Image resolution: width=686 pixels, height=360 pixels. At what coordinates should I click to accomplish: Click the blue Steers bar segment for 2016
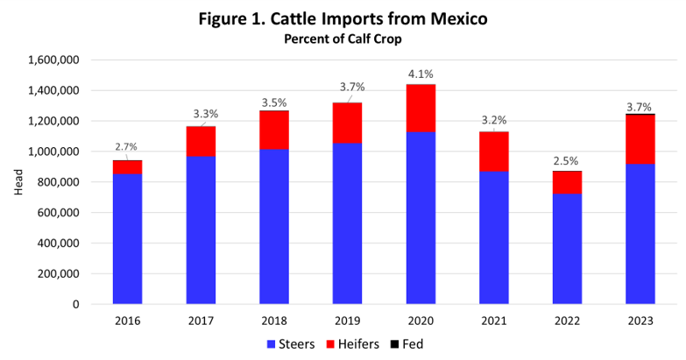click(x=127, y=238)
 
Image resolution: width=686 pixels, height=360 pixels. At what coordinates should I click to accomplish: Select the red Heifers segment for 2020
click(x=421, y=108)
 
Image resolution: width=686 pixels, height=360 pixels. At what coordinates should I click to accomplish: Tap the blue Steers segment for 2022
click(x=567, y=249)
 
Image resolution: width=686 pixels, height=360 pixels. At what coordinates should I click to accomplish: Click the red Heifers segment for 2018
click(x=274, y=130)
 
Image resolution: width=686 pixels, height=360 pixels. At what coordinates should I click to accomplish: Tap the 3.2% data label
click(x=494, y=119)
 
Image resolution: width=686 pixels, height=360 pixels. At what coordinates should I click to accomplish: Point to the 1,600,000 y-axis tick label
click(x=54, y=60)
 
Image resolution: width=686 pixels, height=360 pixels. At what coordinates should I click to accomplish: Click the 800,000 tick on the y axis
click(x=60, y=182)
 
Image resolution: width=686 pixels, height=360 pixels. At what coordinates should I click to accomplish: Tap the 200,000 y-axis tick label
click(x=60, y=274)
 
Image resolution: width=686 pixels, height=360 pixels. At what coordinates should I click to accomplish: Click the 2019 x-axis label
click(x=347, y=321)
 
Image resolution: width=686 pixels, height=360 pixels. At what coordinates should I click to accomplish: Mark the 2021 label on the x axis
click(x=494, y=321)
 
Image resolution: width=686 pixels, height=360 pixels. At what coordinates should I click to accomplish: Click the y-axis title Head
click(x=18, y=182)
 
